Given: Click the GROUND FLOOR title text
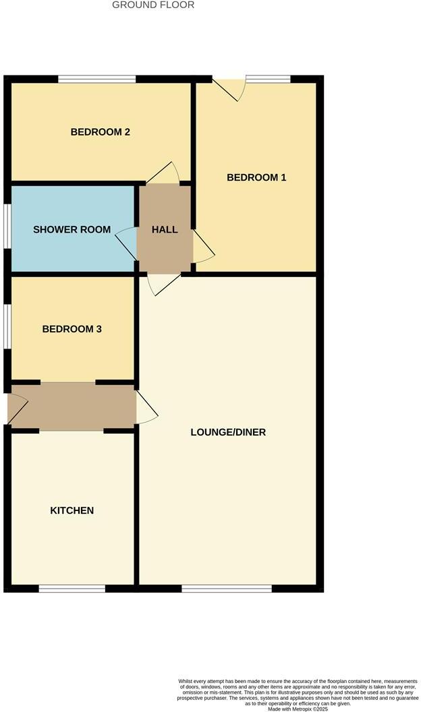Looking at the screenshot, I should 153,5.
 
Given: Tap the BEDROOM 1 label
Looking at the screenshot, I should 256,177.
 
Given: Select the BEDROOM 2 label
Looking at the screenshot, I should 101,132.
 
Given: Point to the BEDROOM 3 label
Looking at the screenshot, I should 72,329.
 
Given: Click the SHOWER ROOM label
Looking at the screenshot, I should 72,229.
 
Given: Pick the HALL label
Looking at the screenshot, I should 165,229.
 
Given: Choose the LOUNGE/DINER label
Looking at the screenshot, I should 228,432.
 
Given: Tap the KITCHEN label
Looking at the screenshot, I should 72,510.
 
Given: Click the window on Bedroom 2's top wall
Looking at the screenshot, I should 96,79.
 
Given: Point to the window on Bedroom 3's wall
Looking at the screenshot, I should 7,326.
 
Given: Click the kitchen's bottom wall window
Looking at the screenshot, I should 72,589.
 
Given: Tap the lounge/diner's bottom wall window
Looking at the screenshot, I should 227,589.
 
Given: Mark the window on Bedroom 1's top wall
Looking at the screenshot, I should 268,79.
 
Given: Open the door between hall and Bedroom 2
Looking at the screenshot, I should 165,174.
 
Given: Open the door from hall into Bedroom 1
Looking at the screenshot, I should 202,248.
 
